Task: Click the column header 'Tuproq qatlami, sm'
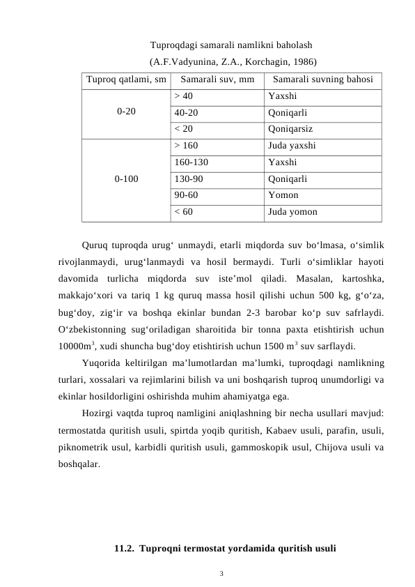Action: (x=125, y=79)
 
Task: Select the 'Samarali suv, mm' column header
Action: (x=217, y=79)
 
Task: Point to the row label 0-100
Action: (x=125, y=178)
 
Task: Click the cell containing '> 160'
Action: (x=187, y=146)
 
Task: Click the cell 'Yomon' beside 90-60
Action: (x=283, y=195)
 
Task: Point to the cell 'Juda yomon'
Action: (x=292, y=212)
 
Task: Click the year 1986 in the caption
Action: (x=302, y=61)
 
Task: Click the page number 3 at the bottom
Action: (x=221, y=574)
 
